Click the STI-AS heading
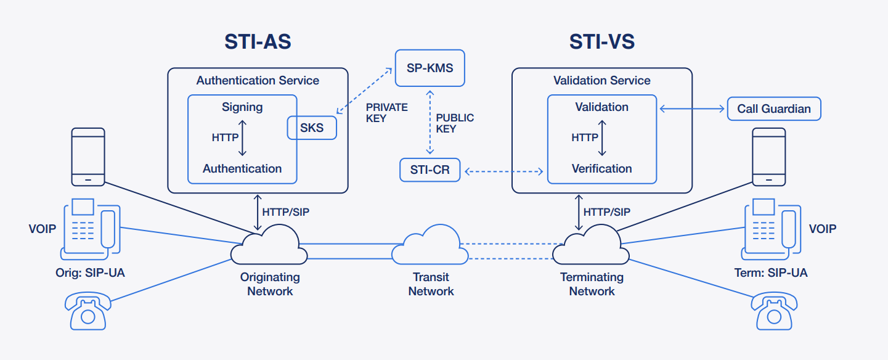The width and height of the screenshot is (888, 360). pyautogui.click(x=257, y=42)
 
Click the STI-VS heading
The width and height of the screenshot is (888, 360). pyautogui.click(x=601, y=42)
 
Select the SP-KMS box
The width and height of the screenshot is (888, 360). pyautogui.click(x=430, y=68)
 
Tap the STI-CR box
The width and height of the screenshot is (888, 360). pyautogui.click(x=430, y=170)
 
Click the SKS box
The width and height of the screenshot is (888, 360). pyautogui.click(x=312, y=128)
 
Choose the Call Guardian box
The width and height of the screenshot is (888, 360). pyautogui.click(x=774, y=109)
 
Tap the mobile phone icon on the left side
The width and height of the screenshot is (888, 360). pyautogui.click(x=88, y=157)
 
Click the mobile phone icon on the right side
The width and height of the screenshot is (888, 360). pyautogui.click(x=768, y=157)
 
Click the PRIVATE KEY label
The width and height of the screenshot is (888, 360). pyautogui.click(x=386, y=113)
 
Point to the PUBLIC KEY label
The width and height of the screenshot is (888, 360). pyautogui.click(x=455, y=123)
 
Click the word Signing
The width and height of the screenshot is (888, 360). pyautogui.click(x=242, y=107)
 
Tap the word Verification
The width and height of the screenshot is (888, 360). pyautogui.click(x=601, y=169)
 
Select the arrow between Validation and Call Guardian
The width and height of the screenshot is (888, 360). pyautogui.click(x=691, y=109)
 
